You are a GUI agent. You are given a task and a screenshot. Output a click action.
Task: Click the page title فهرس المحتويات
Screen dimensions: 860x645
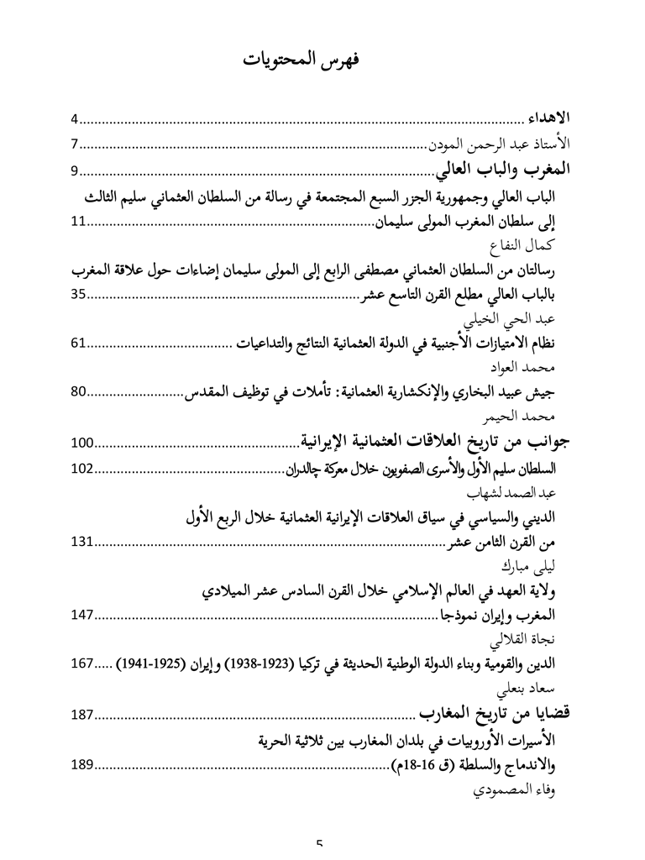[x=322, y=60]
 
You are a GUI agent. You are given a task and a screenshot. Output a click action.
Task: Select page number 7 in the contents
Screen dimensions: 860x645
[x=75, y=145]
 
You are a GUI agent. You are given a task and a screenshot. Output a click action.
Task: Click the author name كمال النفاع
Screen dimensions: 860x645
[x=524, y=246]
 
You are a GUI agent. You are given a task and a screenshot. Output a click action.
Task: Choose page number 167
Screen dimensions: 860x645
[x=82, y=663]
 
